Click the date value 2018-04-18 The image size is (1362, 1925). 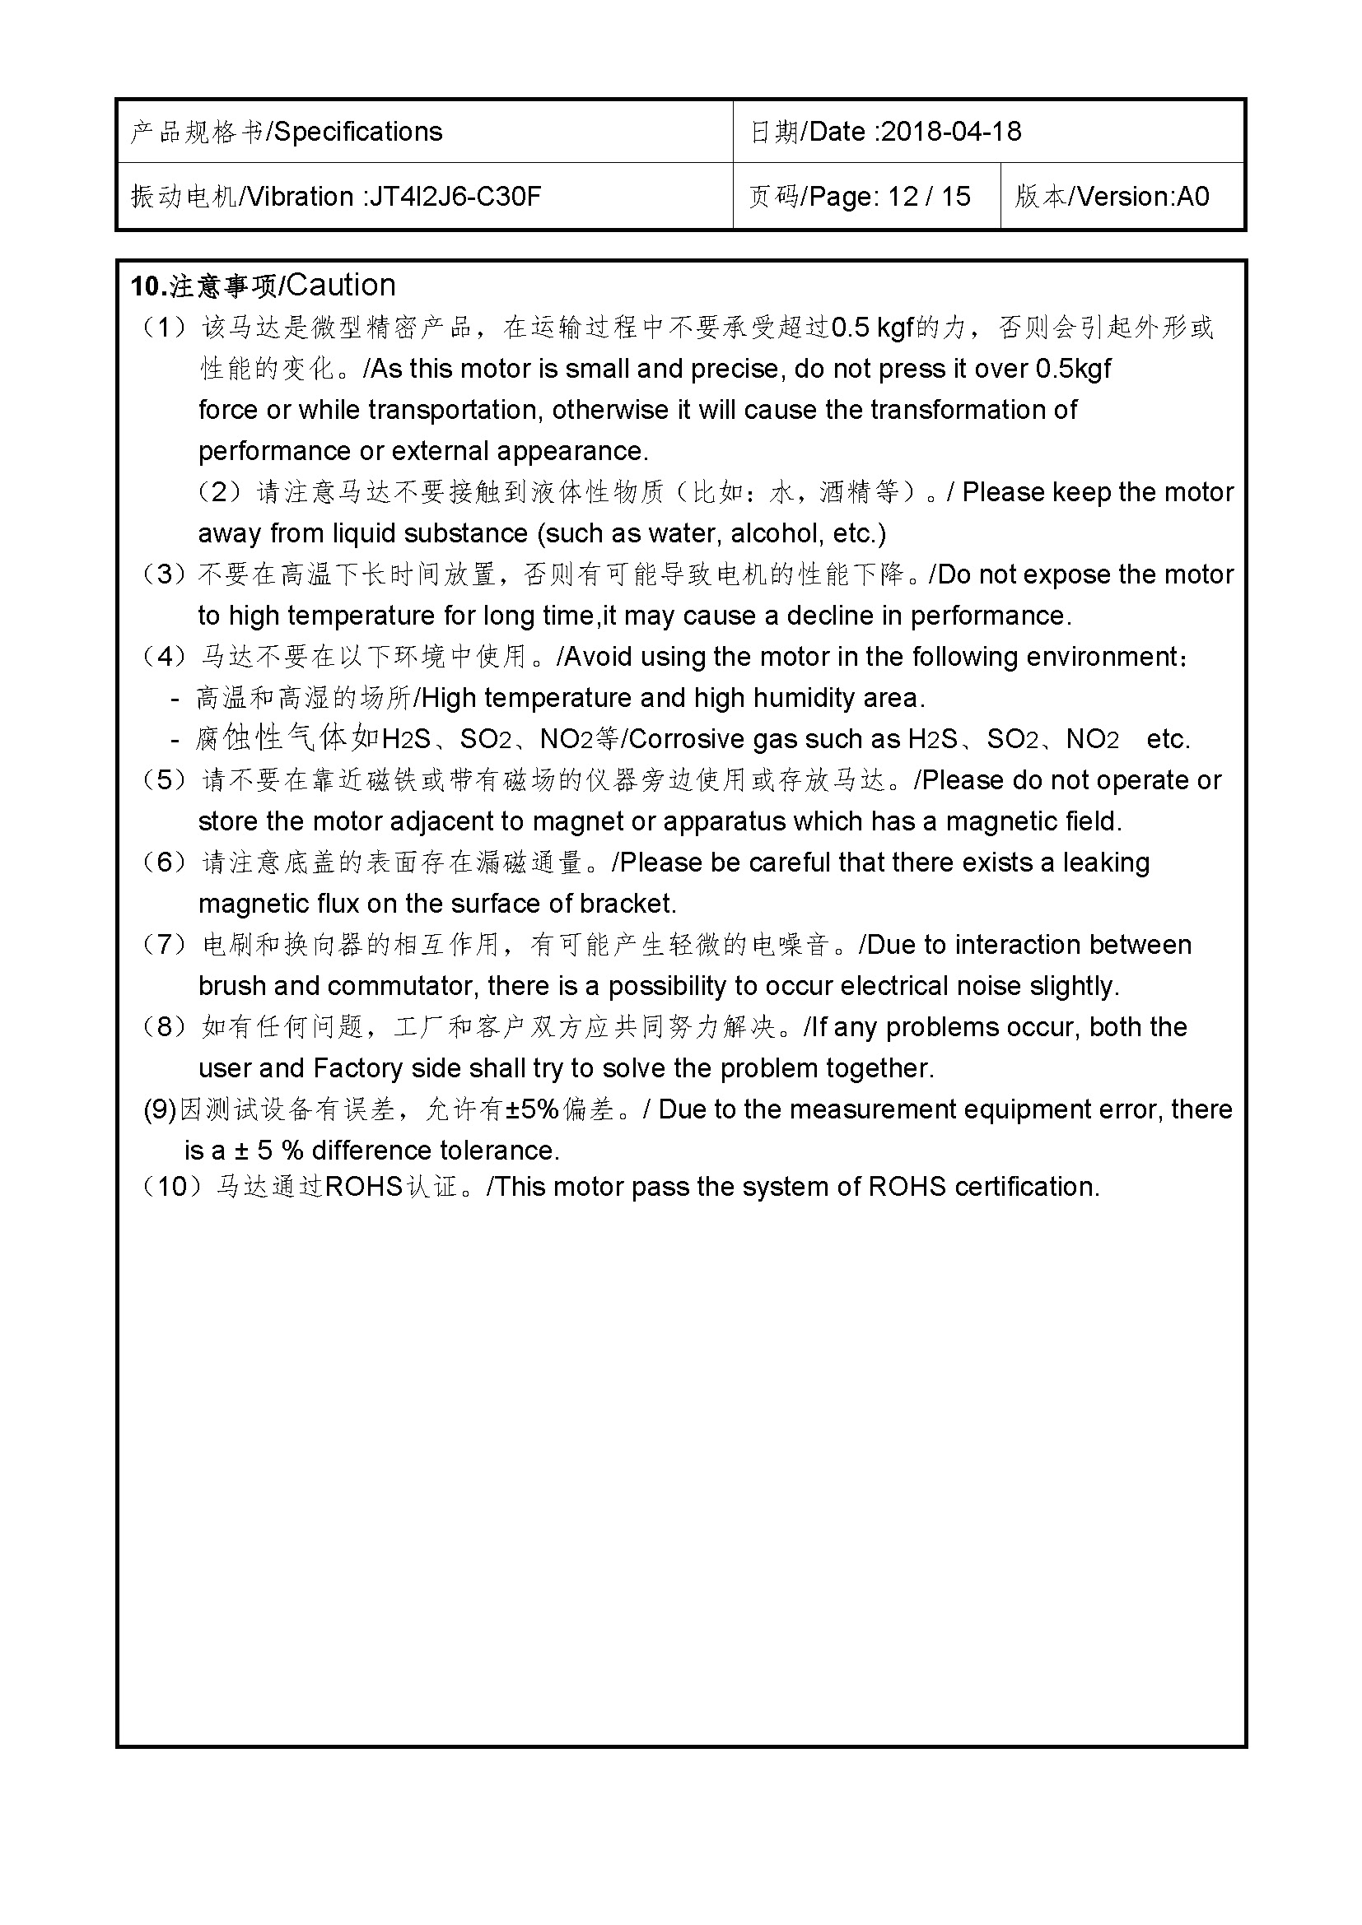coord(951,132)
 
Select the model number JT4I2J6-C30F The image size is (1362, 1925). coord(455,197)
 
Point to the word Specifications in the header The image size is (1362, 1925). coord(358,132)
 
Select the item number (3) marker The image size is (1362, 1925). coord(165,574)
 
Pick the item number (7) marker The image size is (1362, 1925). coord(165,945)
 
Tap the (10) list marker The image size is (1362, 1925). coord(172,1187)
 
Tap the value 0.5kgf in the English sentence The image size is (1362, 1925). coord(1073,369)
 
